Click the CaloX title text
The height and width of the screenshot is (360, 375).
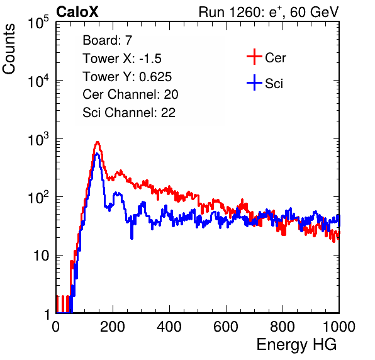pos(77,12)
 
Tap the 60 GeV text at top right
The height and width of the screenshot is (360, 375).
pos(314,12)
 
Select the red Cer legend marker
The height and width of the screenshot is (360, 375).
pos(254,57)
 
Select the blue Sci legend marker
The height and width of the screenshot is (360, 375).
pos(254,82)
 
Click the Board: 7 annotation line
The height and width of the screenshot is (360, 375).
pos(108,40)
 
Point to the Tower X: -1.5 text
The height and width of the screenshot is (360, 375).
pos(122,59)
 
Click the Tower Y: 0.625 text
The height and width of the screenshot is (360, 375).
pos(127,77)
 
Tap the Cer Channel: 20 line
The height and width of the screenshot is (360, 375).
pos(130,94)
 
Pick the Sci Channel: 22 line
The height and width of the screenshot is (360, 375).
pos(129,113)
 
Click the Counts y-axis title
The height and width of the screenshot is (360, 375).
pos(9,49)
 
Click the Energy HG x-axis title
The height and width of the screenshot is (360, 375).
pos(296,345)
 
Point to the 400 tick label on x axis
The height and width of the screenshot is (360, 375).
pos(169,327)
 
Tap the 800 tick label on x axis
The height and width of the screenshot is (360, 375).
pos(283,327)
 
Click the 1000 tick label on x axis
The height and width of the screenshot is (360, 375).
pos(339,327)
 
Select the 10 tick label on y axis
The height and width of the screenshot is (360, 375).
pos(41,256)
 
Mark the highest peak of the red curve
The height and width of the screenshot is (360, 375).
pos(98,142)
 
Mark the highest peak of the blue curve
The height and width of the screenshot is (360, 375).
pos(97,154)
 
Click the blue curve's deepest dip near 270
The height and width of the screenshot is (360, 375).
pos(132,238)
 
